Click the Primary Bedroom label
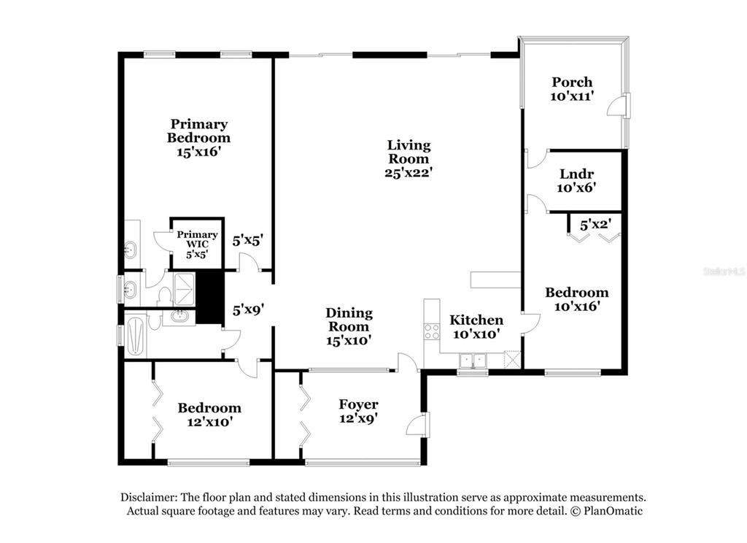(198, 131)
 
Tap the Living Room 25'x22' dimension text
(409, 172)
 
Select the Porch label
(572, 82)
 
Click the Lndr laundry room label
(576, 174)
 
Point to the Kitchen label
(476, 320)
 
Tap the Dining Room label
(349, 320)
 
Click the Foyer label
(358, 405)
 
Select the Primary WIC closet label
(197, 239)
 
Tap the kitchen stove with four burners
(432, 331)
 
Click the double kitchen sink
(473, 361)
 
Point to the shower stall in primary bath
(184, 289)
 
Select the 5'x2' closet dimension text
(595, 224)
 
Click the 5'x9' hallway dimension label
(248, 310)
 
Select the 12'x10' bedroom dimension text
(210, 422)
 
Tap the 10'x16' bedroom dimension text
(577, 306)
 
